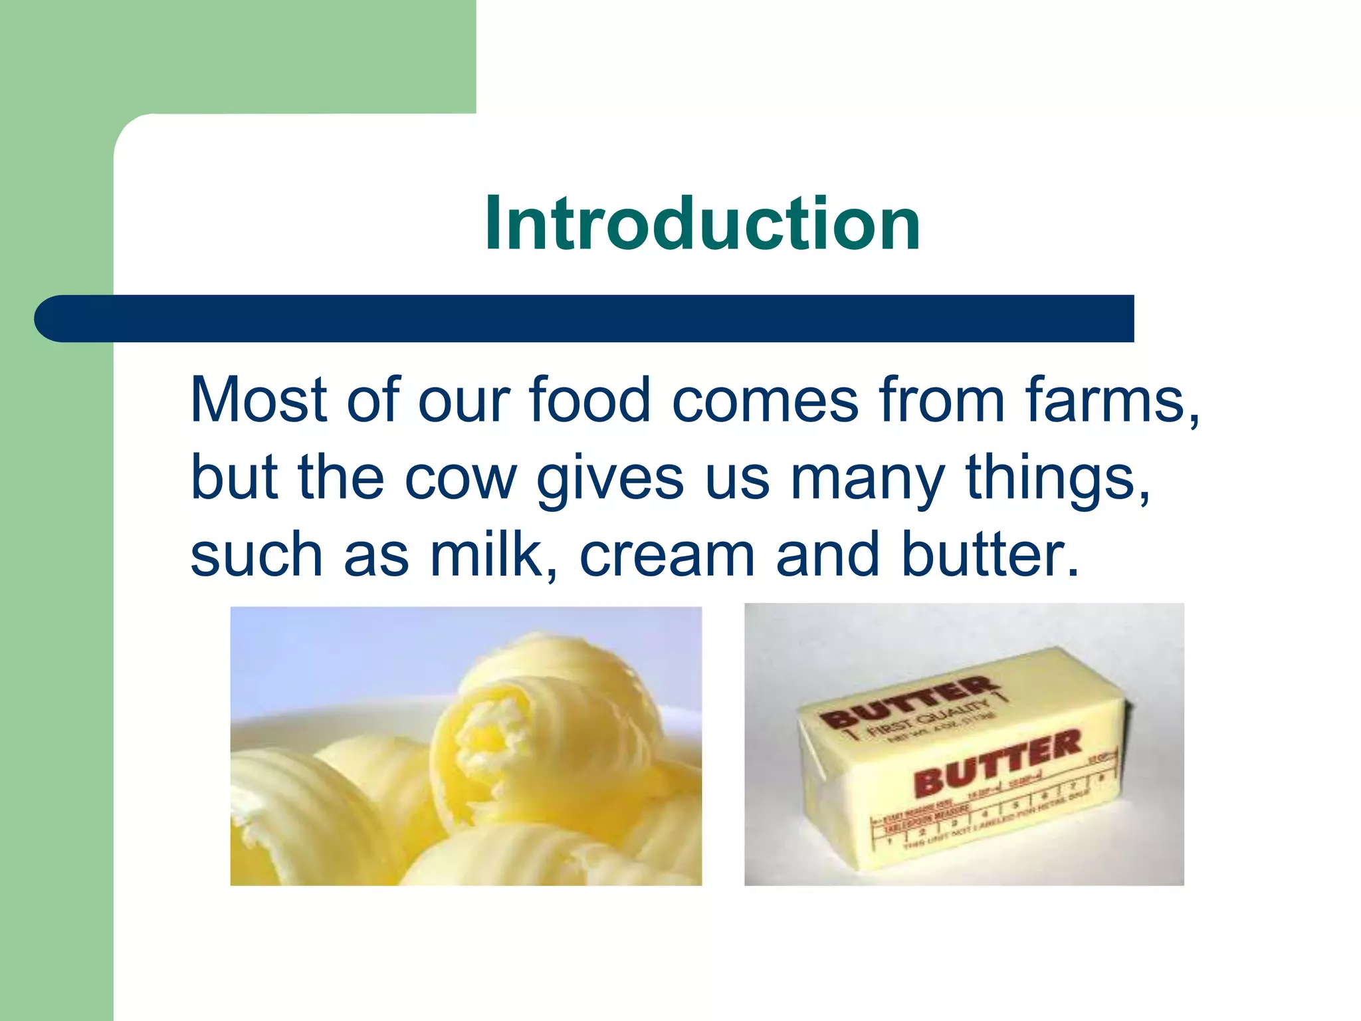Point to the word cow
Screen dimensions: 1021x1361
coord(460,478)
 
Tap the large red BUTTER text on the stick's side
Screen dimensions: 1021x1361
coord(997,762)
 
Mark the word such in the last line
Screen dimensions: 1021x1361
coord(256,555)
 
